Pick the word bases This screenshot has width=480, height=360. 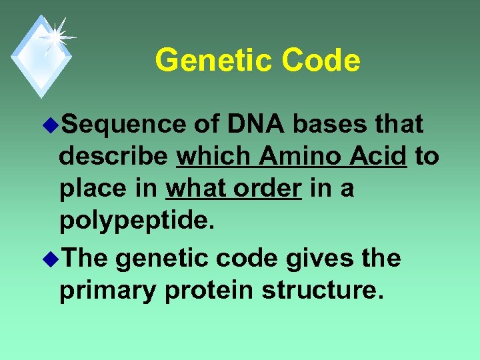331,124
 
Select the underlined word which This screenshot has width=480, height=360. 214,157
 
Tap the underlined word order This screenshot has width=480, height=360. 268,189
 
